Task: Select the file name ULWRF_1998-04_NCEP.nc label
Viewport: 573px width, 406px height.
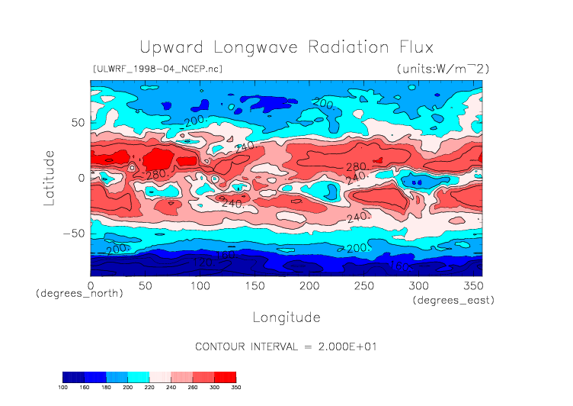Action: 158,69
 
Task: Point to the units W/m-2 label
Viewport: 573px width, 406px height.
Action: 443,69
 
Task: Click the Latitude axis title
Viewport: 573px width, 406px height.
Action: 50,177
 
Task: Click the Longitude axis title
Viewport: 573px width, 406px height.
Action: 286,317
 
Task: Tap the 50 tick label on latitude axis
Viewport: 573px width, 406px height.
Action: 77,122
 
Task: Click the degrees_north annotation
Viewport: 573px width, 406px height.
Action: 79,293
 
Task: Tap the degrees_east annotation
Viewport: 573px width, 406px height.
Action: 453,301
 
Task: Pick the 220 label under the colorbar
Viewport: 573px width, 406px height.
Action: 149,387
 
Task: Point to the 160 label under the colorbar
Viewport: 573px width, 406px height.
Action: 84,387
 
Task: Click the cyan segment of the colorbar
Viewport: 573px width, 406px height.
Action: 138,377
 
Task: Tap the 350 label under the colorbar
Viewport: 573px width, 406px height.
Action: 236,387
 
